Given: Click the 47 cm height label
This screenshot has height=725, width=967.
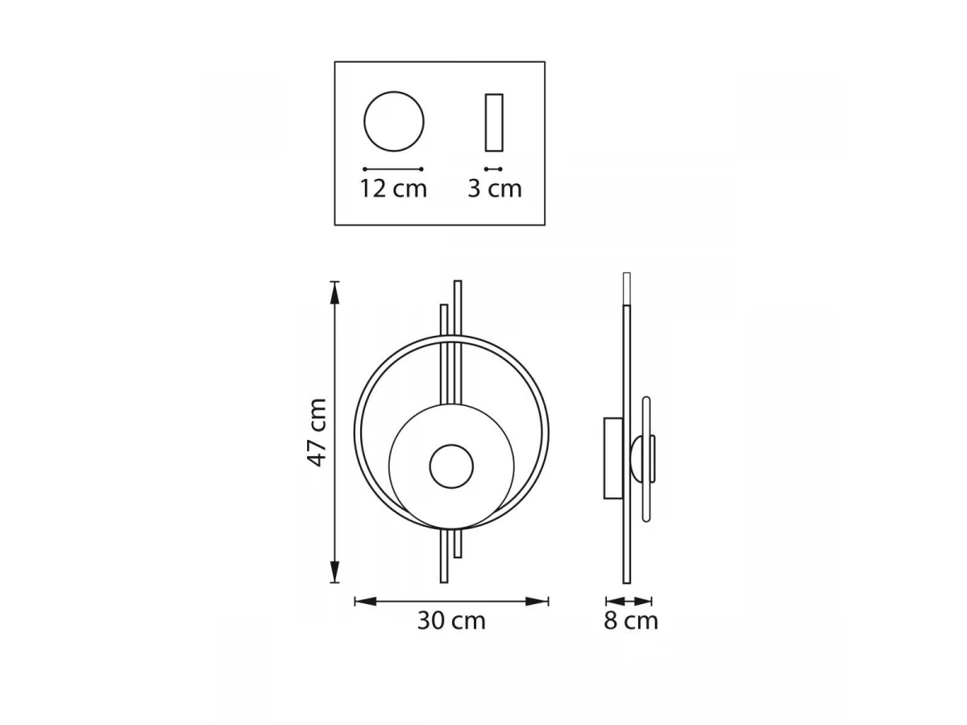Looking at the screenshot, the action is (317, 432).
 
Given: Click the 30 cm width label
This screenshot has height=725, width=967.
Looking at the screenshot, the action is (451, 621).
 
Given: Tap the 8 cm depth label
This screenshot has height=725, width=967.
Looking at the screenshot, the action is (630, 621).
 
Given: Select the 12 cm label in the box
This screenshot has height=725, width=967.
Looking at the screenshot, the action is (393, 188).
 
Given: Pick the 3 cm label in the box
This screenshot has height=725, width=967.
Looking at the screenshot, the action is (494, 188).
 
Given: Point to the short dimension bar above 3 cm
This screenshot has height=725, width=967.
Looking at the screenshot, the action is (493, 169).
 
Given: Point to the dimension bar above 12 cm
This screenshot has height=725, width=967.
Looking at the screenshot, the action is (393, 169).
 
